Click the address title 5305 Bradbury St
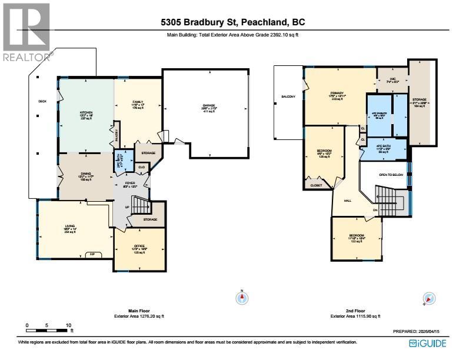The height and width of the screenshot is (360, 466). pos(232,23)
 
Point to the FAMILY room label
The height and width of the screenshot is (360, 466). pos(138,102)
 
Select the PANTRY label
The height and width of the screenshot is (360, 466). pos(116,134)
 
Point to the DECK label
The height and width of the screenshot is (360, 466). pos(42,101)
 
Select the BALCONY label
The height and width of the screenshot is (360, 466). pos(288,96)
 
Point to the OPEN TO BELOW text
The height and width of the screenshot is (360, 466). pos(390,175)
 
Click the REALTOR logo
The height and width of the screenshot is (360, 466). pos(27,31)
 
